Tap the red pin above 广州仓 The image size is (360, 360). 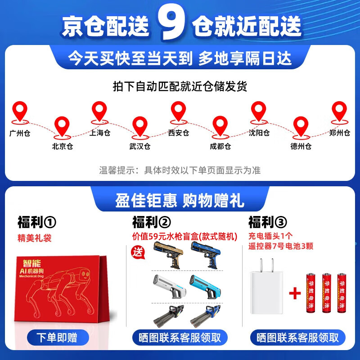pos(19,112)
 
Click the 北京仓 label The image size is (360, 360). pos(63,146)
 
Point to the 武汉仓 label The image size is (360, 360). pos(140,146)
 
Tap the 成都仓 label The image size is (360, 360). pos(220,146)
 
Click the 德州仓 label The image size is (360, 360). pos(301,146)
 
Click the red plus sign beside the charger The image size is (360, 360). pos(295,294)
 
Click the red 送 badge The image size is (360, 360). pos(137,252)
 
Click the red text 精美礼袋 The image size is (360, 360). pos(34,238)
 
